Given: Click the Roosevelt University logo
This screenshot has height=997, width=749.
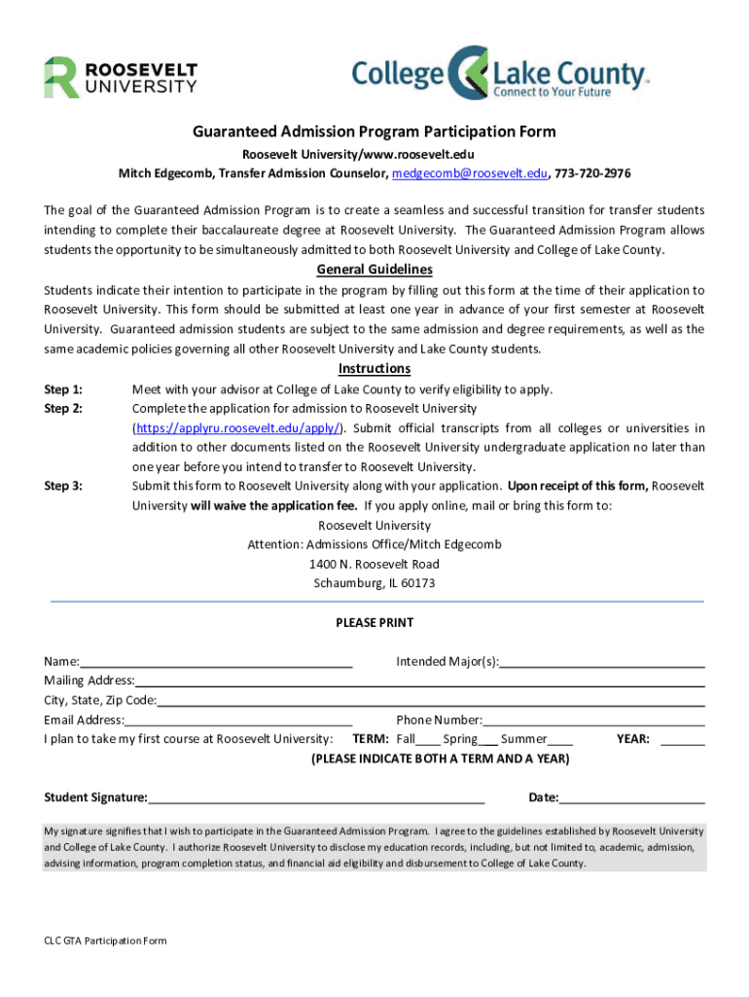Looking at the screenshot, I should (120, 77).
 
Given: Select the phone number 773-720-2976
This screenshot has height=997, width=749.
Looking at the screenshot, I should (592, 173).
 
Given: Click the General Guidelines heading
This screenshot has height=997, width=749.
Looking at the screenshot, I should (374, 270).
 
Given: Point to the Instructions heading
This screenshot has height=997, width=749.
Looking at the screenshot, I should (374, 368).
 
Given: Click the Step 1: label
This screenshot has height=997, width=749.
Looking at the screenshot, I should (63, 389).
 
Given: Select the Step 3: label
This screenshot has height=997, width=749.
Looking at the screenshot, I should (63, 486).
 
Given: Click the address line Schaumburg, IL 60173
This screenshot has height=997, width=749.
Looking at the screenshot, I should (374, 583).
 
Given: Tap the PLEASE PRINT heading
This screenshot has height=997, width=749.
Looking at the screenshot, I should (374, 623).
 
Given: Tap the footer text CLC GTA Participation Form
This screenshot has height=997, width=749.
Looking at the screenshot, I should (105, 941).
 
